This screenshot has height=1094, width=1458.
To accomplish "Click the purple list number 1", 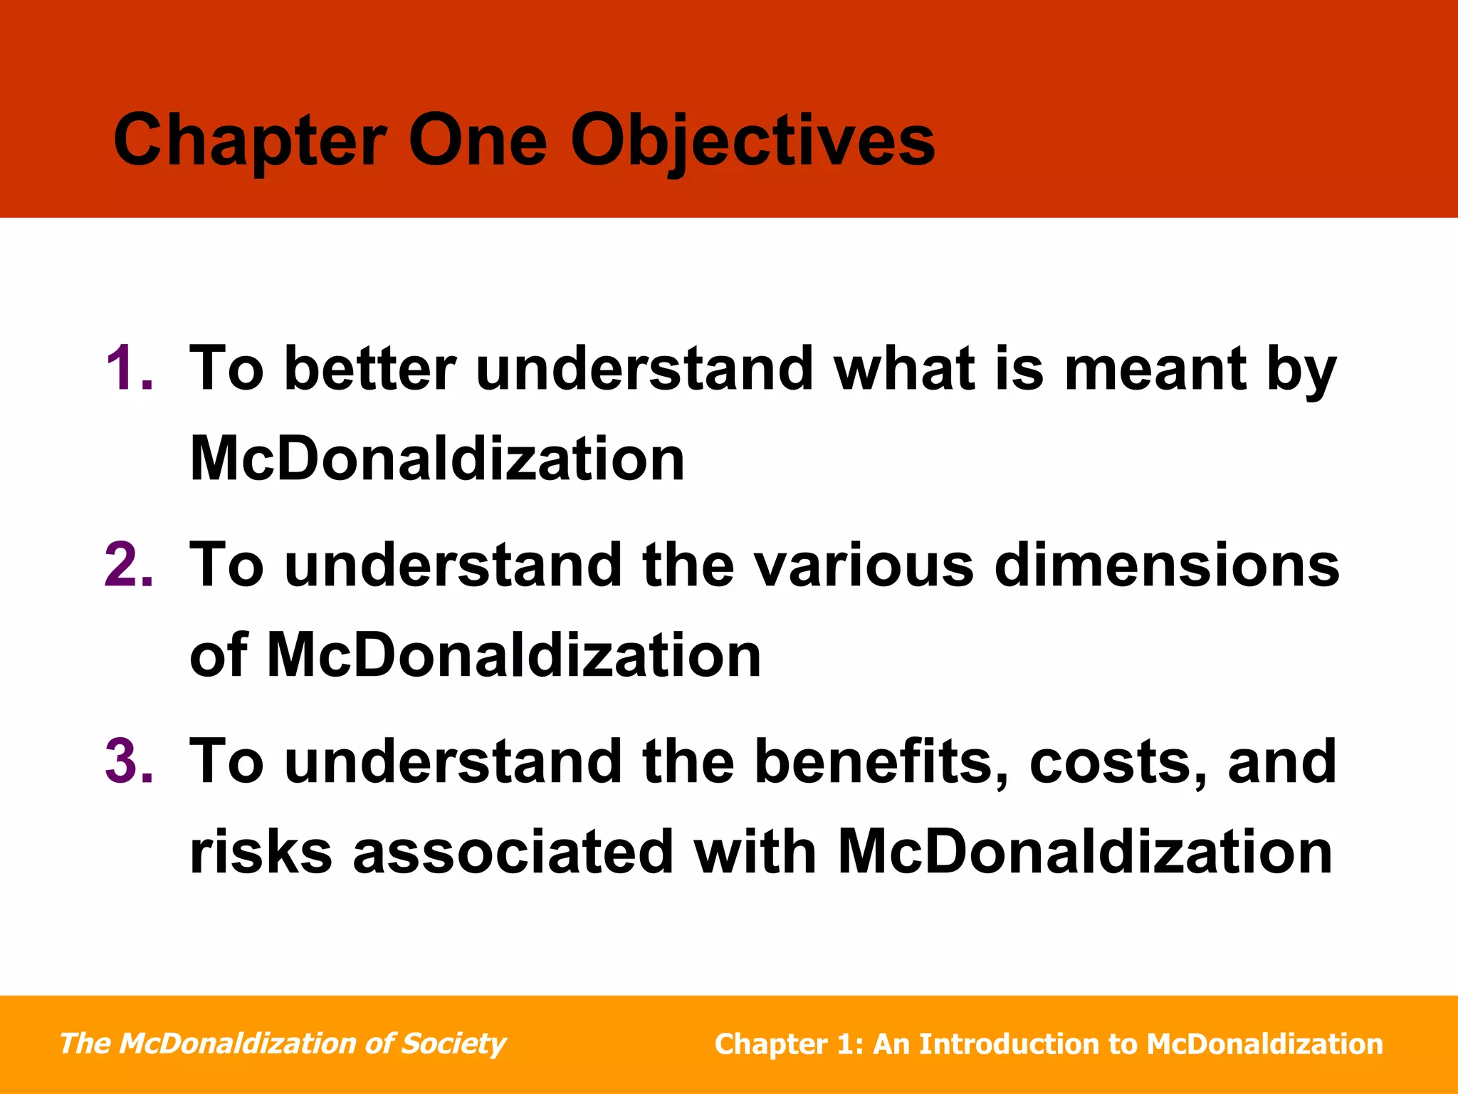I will (128, 369).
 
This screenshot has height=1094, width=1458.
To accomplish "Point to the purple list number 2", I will (128, 565).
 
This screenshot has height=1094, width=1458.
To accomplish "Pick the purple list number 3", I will (128, 761).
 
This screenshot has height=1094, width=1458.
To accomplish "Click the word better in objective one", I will (369, 369).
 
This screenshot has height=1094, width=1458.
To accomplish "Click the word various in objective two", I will (863, 565).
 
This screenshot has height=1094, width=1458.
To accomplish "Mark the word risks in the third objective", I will (261, 852).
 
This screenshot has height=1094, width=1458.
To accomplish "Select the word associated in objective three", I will (513, 852).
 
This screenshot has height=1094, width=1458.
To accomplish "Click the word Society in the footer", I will (453, 1044).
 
